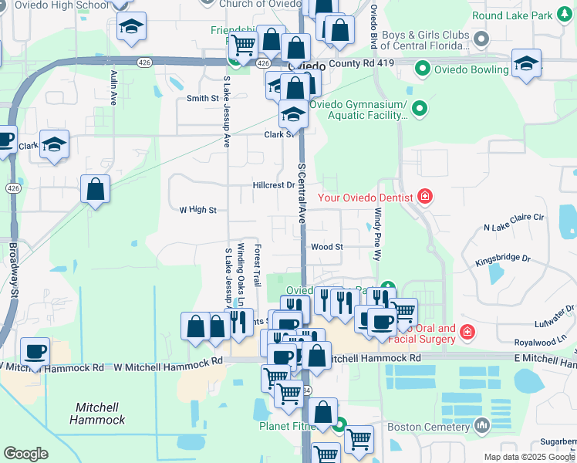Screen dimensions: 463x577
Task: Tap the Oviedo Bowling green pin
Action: click(x=422, y=69)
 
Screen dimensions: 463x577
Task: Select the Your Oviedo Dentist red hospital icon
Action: click(x=424, y=198)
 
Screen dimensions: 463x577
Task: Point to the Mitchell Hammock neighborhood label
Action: click(x=97, y=413)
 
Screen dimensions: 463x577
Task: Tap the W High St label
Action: click(x=197, y=209)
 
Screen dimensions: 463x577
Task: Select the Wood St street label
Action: click(x=326, y=247)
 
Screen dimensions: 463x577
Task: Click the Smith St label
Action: click(x=203, y=98)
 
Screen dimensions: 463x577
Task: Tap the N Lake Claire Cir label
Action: click(x=514, y=223)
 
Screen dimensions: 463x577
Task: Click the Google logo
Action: click(x=25, y=454)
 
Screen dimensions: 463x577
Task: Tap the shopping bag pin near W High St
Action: click(x=95, y=189)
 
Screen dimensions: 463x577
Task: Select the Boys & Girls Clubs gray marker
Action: click(x=482, y=38)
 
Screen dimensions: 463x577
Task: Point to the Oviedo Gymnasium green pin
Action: click(x=420, y=109)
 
